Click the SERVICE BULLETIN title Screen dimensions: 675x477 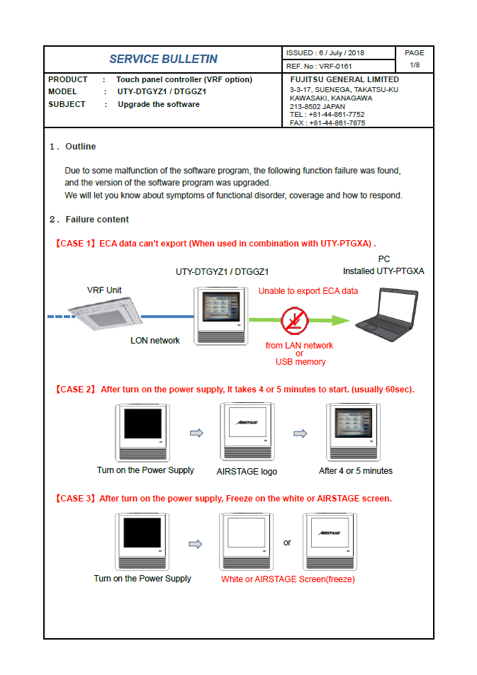point(163,59)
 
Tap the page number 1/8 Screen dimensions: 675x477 point(415,65)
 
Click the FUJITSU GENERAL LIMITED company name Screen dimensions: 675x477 point(344,79)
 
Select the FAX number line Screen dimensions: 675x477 point(327,123)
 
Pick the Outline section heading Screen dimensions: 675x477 point(80,147)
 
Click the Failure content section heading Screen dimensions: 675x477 point(97,219)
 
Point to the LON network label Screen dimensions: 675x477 point(155,341)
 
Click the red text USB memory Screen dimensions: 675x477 point(301,362)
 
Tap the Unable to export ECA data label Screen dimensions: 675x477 point(308,290)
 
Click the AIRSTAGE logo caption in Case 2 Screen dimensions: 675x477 point(247,471)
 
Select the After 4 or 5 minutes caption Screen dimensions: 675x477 point(355,471)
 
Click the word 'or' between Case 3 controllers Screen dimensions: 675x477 point(287,543)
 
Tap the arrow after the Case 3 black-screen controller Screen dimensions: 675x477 point(195,544)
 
